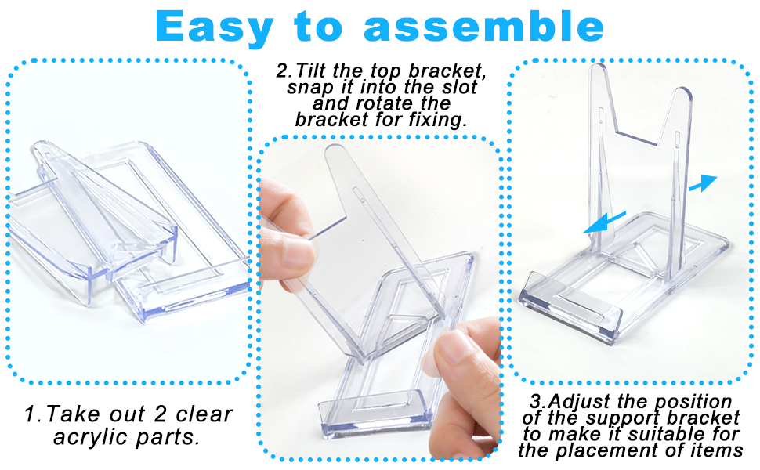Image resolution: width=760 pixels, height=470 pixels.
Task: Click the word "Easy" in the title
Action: [214, 27]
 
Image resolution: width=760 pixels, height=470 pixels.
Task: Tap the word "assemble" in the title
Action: [483, 26]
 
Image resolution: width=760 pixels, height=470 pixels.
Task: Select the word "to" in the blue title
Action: [318, 27]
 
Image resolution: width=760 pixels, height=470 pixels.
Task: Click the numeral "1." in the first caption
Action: [34, 414]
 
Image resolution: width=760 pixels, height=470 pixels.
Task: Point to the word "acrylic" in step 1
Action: [90, 437]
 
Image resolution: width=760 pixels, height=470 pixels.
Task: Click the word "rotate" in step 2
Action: [385, 103]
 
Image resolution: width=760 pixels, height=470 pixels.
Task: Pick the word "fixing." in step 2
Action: [438, 120]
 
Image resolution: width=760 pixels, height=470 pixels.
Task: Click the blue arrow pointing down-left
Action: [604, 223]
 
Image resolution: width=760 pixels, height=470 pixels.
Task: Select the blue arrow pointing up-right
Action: [703, 183]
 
